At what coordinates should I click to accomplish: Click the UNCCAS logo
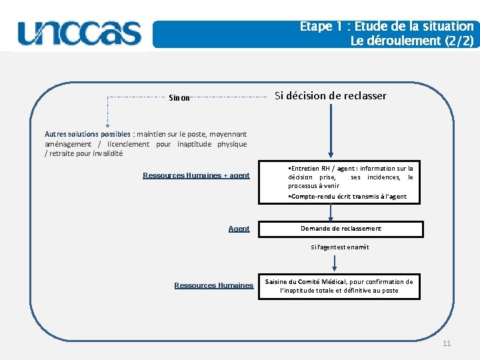[x=80, y=33]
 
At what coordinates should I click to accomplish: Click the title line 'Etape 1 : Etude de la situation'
[x=387, y=27]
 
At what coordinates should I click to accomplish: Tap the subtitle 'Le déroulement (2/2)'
[x=412, y=41]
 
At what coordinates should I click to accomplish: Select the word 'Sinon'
[x=179, y=97]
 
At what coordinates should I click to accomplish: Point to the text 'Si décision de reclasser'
[x=331, y=95]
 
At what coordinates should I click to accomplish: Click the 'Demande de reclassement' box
[x=341, y=229]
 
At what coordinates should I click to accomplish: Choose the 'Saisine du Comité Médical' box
[x=339, y=286]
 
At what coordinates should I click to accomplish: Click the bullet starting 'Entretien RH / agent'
[x=351, y=177]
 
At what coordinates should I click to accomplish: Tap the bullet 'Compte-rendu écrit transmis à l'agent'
[x=347, y=197]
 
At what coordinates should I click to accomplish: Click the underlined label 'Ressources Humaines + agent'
[x=196, y=176]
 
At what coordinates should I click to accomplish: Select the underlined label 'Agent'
[x=239, y=229]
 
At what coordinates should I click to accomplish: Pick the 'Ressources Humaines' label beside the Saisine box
[x=213, y=285]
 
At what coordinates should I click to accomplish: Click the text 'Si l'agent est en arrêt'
[x=339, y=247]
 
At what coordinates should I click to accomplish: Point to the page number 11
[x=447, y=343]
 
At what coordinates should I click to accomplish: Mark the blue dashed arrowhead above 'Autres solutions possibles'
[x=108, y=124]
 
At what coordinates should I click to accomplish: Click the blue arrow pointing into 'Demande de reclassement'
[x=331, y=213]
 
